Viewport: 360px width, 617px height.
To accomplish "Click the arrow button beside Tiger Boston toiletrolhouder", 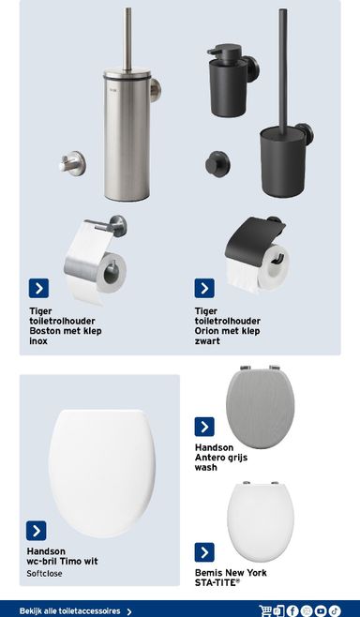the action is click(38, 289).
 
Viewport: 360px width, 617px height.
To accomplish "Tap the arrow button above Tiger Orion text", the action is click(204, 289).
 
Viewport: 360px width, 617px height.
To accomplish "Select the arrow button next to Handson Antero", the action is click(204, 427).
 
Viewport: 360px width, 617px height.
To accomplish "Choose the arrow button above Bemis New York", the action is click(204, 552).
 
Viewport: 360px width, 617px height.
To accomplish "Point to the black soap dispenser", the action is click(231, 81).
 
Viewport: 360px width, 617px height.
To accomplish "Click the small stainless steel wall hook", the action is click(72, 163).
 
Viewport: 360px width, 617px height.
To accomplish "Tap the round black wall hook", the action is click(217, 164).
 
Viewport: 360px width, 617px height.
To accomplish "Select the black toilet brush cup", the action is click(284, 161).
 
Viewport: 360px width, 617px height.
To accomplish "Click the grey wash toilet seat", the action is click(260, 407).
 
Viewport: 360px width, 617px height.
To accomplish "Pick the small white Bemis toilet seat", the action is click(260, 522).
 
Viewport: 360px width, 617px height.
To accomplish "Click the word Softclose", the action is click(44, 574).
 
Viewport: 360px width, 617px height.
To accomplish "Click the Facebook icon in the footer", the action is click(292, 610).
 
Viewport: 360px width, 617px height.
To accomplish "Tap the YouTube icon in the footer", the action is click(321, 610).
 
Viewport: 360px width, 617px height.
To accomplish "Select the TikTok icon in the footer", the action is click(335, 610).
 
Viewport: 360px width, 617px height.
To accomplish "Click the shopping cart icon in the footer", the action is click(265, 610).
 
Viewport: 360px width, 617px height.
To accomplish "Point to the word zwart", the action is click(207, 341).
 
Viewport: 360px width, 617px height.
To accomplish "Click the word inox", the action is click(38, 341).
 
